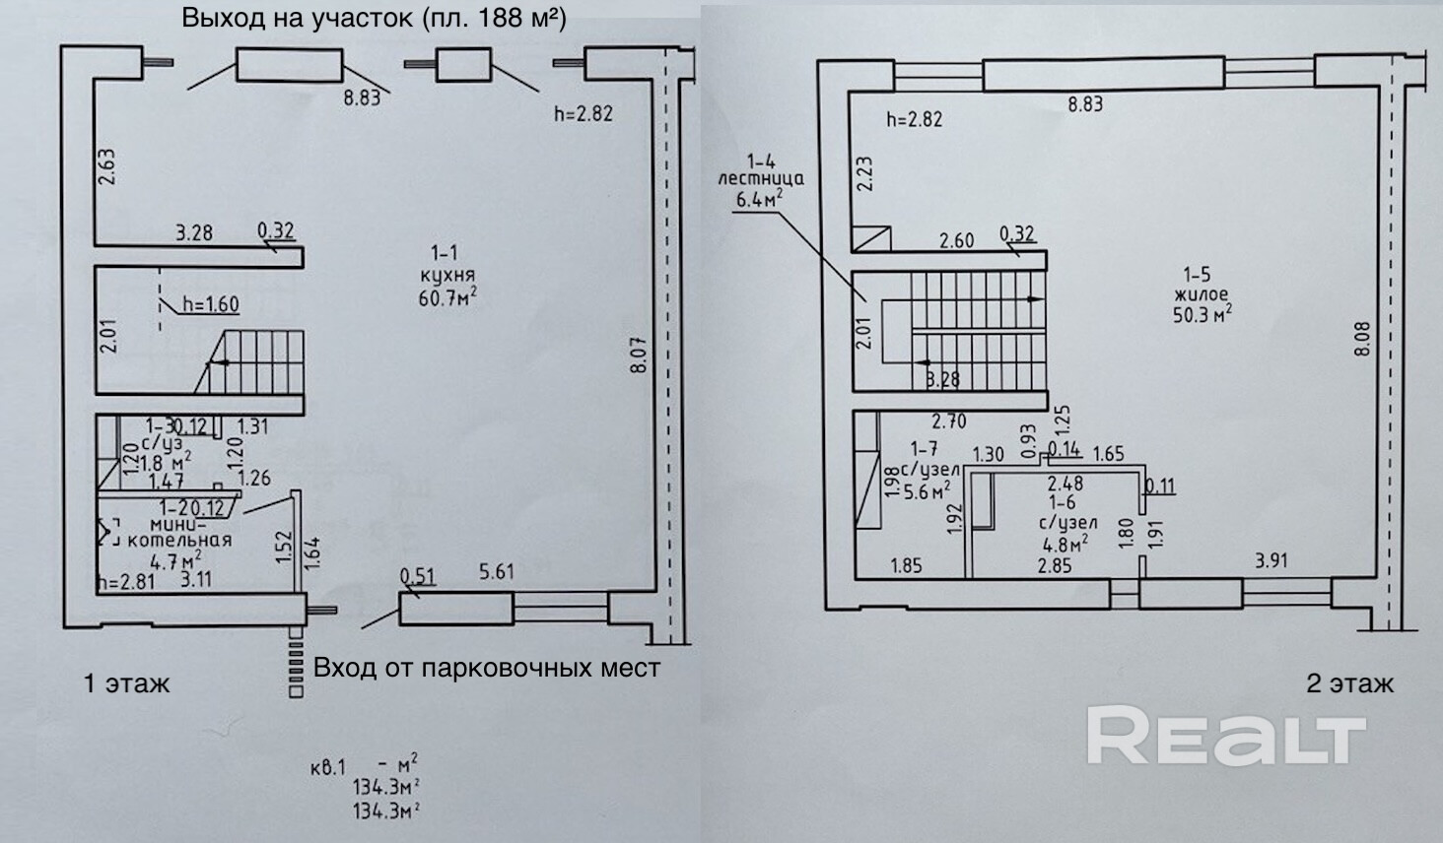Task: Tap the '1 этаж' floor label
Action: (127, 682)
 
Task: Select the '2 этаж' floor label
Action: (1349, 682)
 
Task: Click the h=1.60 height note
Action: (208, 304)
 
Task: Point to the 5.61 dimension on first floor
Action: (496, 572)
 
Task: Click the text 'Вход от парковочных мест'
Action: (486, 668)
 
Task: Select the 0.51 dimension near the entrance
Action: (419, 576)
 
